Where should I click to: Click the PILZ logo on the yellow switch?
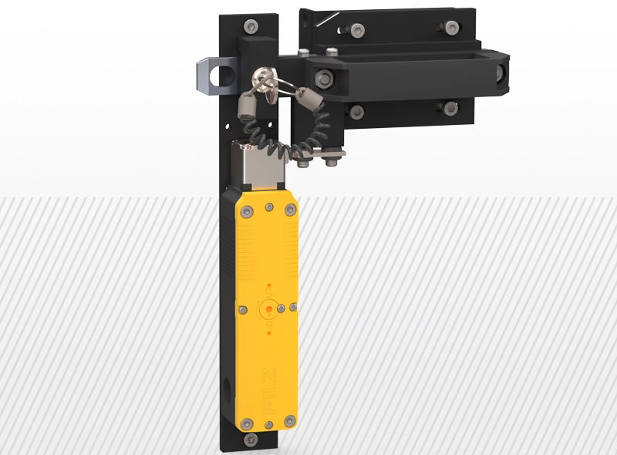click(x=269, y=391)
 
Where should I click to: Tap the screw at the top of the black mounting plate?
click(x=251, y=27)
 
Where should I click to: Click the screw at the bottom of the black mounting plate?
click(x=251, y=440)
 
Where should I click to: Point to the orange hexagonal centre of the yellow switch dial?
click(x=269, y=308)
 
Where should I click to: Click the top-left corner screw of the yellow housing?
click(x=247, y=211)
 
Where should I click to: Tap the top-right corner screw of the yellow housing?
click(x=291, y=210)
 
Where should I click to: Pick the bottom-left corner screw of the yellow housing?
click(x=246, y=424)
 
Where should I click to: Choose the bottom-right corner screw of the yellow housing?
click(x=290, y=421)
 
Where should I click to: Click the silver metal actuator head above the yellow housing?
click(x=258, y=165)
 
